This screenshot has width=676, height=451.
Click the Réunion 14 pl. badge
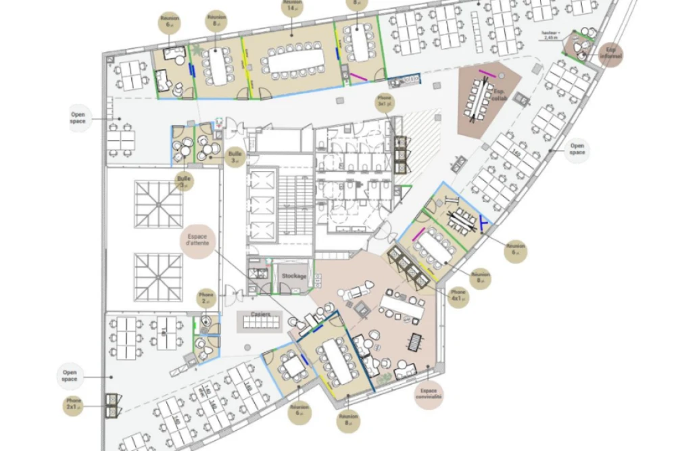tap(292, 7)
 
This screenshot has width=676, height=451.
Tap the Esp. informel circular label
tap(611, 53)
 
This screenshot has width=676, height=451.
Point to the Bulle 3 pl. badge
tap(236, 157)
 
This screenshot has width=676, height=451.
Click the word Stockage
tap(294, 276)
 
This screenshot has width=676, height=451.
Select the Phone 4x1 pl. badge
tap(458, 295)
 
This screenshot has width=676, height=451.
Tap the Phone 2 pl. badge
tap(207, 298)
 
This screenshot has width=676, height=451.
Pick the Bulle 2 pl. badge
tap(183, 182)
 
